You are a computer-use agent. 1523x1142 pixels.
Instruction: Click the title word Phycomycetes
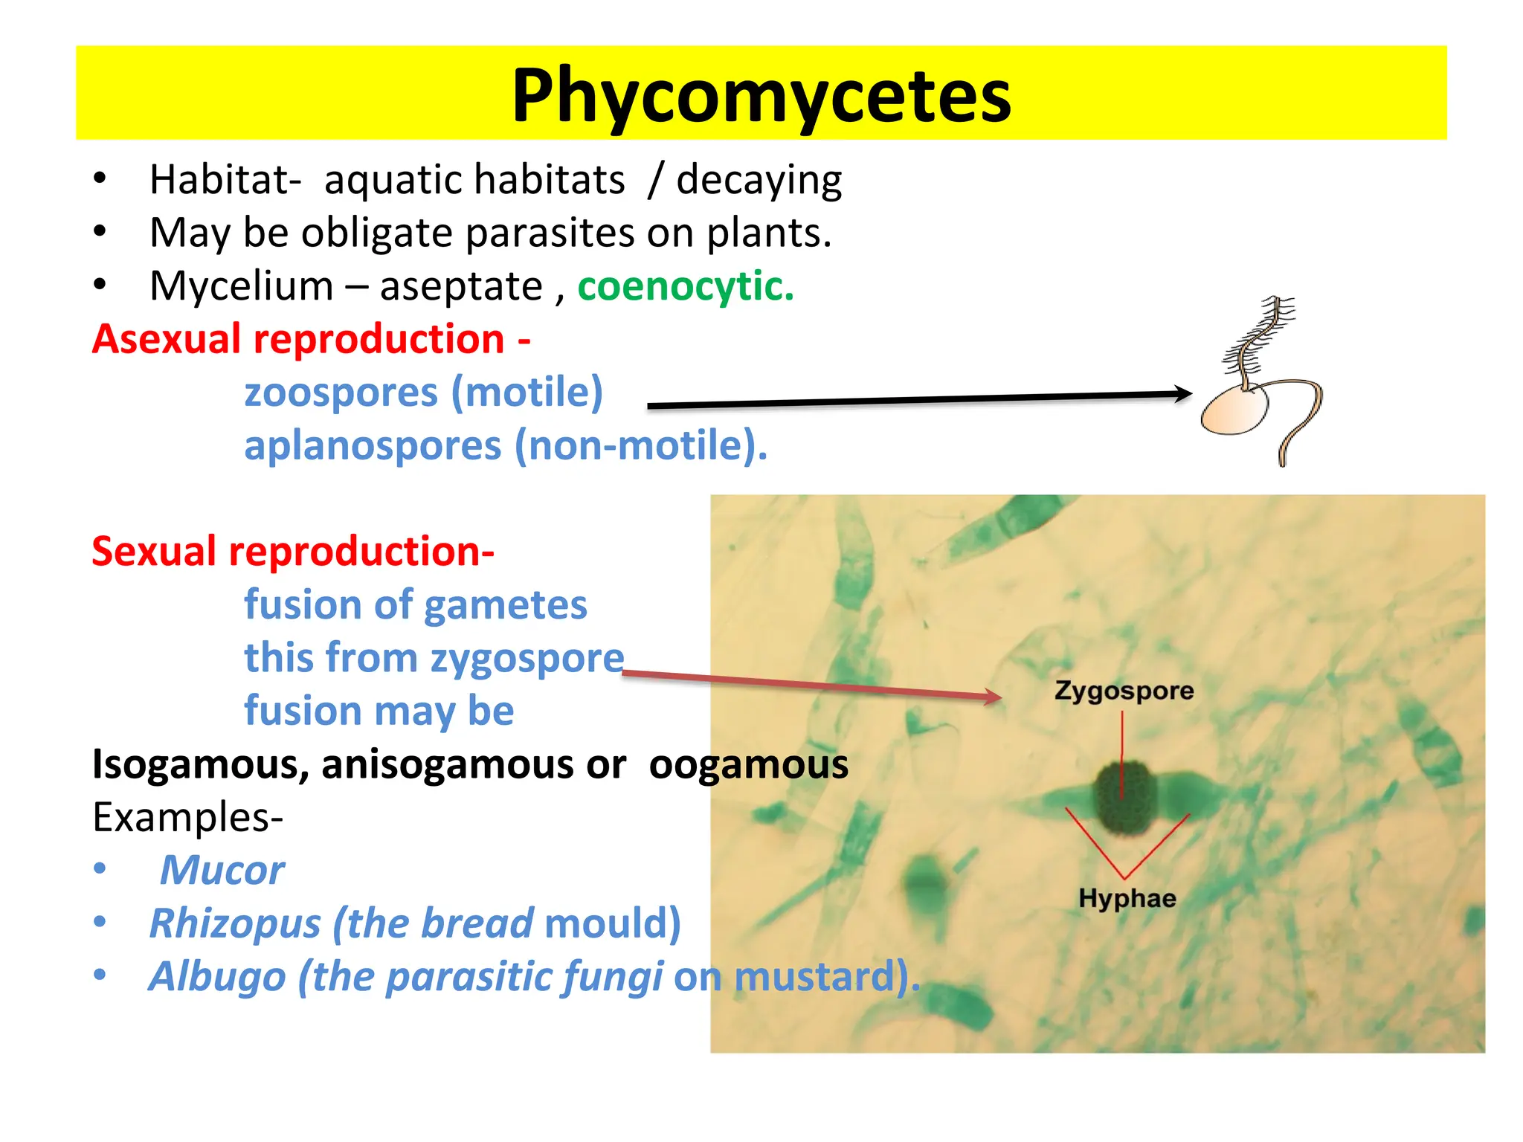click(x=761, y=95)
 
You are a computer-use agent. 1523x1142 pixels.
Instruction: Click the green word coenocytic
click(x=684, y=286)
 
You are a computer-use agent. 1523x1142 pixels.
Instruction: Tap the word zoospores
click(x=341, y=393)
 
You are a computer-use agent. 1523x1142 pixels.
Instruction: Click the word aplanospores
click(x=373, y=446)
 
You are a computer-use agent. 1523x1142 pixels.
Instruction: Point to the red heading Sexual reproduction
click(x=292, y=552)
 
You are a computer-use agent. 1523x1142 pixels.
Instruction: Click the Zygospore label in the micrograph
click(x=1124, y=691)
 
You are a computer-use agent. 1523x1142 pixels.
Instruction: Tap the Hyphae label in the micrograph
click(x=1127, y=898)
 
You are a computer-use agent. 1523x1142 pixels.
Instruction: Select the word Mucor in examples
click(x=222, y=870)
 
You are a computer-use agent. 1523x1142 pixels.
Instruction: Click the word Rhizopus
click(x=235, y=923)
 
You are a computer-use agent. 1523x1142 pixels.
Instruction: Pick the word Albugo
click(x=217, y=977)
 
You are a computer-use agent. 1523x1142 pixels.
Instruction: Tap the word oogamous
click(x=748, y=764)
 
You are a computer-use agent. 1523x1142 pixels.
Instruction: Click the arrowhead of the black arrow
click(x=1184, y=394)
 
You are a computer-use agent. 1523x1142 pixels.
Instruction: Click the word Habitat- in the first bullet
click(x=225, y=180)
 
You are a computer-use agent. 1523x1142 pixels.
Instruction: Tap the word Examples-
click(x=187, y=817)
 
